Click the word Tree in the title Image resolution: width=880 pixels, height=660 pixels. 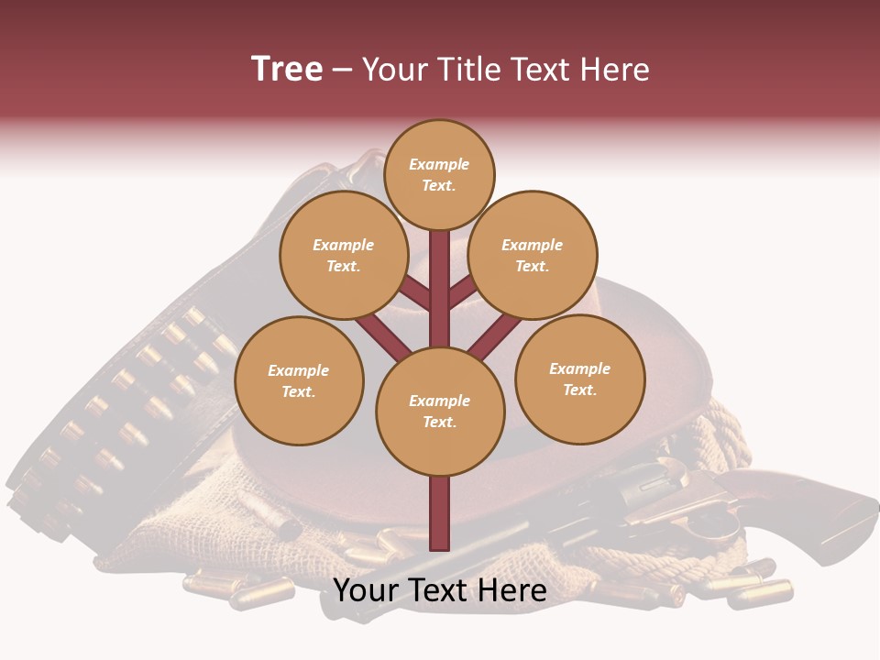[287, 70]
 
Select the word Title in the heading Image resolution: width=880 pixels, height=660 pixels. [467, 70]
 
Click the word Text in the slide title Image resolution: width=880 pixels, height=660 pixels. [542, 70]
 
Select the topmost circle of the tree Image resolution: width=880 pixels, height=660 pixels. [439, 174]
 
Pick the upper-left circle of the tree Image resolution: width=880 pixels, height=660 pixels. [344, 255]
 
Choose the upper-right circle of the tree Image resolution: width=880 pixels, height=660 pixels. [533, 255]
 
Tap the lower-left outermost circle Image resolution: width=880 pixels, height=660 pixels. [299, 380]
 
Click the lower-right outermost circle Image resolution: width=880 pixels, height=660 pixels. [580, 379]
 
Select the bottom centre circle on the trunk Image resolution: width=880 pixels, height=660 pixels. [440, 412]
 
